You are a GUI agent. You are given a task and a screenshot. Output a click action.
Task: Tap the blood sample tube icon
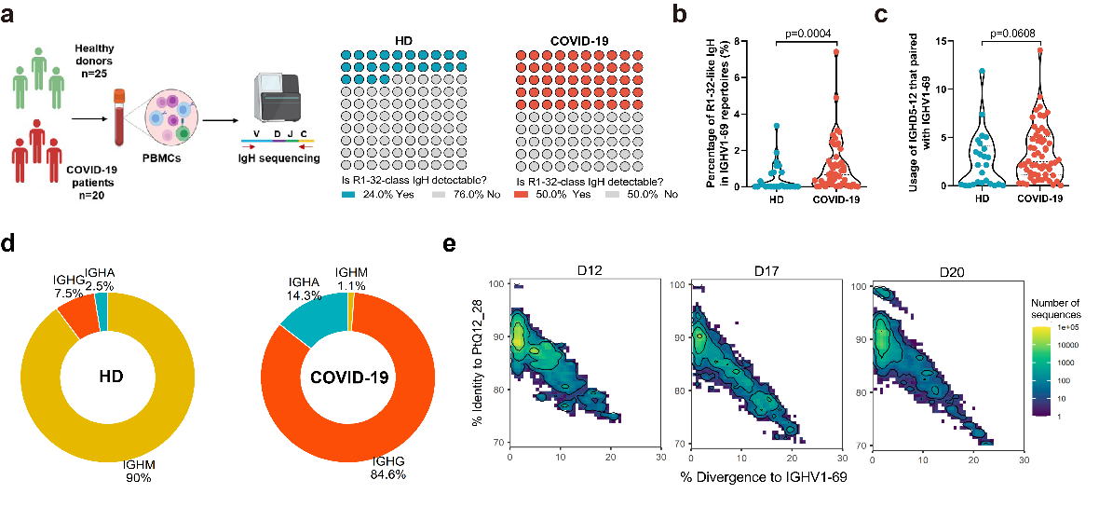click(119, 117)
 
